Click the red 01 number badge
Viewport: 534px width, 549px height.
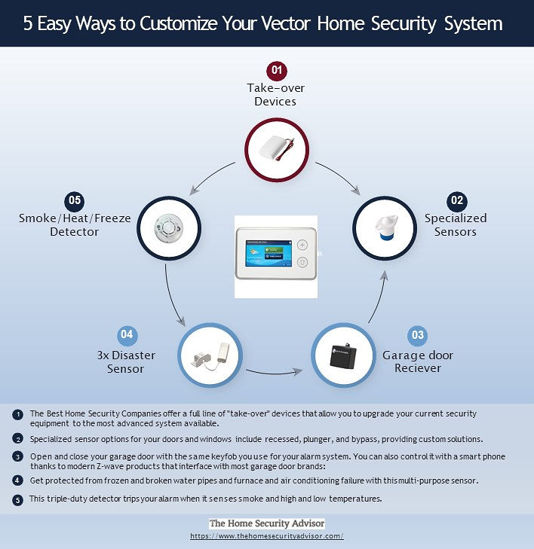[277, 70]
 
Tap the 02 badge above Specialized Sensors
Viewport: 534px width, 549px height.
[457, 201]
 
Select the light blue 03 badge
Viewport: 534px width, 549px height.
[417, 335]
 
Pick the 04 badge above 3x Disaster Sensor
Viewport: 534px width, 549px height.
[127, 334]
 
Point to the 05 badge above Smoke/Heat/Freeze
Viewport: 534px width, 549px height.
[75, 201]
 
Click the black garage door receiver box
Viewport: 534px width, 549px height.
[343, 355]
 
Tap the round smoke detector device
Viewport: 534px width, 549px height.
[169, 228]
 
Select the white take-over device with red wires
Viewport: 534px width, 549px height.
[277, 149]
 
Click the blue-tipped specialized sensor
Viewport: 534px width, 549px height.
[385, 227]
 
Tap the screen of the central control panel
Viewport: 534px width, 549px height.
[269, 253]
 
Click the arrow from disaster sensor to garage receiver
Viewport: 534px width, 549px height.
[275, 373]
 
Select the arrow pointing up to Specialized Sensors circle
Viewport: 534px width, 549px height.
[379, 297]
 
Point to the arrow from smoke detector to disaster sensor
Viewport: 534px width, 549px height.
[172, 297]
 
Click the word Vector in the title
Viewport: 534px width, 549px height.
[286, 24]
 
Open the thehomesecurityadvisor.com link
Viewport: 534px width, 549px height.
[267, 535]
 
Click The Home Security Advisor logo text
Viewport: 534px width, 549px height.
[267, 523]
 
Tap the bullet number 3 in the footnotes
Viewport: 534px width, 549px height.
[17, 456]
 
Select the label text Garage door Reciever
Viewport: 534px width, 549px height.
[418, 361]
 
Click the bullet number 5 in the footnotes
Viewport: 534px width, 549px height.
[17, 499]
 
